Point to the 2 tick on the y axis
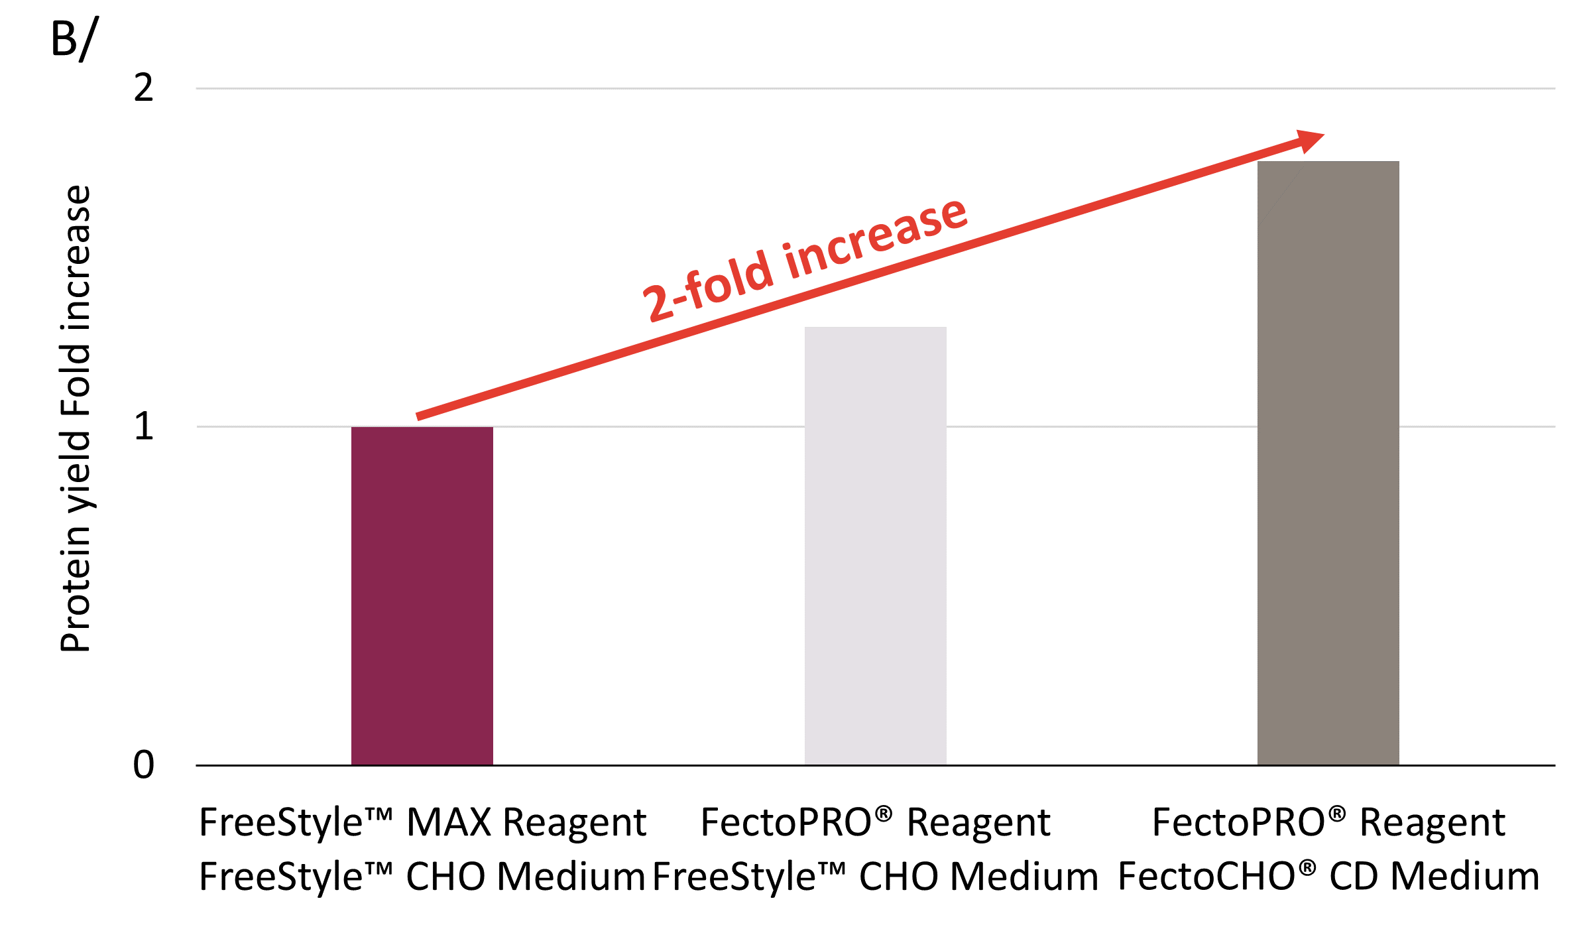click(143, 88)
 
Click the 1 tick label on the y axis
click(143, 426)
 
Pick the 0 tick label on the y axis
click(143, 765)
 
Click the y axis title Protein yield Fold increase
click(76, 419)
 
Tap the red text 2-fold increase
click(805, 260)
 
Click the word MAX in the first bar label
click(448, 822)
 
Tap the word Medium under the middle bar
click(1024, 876)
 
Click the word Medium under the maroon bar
click(571, 876)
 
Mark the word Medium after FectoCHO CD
click(1464, 876)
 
